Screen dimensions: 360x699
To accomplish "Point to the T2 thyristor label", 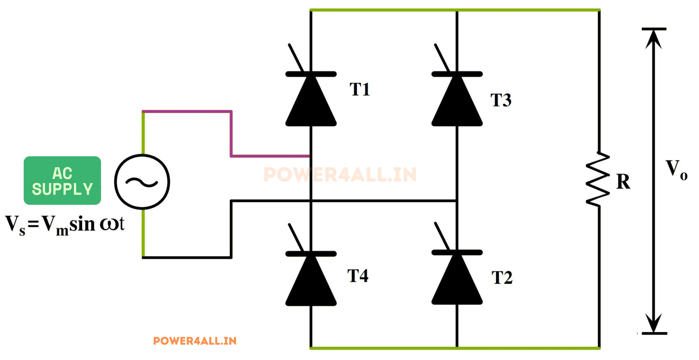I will tap(502, 278).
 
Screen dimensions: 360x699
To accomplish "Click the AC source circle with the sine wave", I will tap(142, 182).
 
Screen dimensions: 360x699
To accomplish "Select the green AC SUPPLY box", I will tap(62, 180).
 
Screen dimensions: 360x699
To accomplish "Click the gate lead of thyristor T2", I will tap(442, 236).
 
